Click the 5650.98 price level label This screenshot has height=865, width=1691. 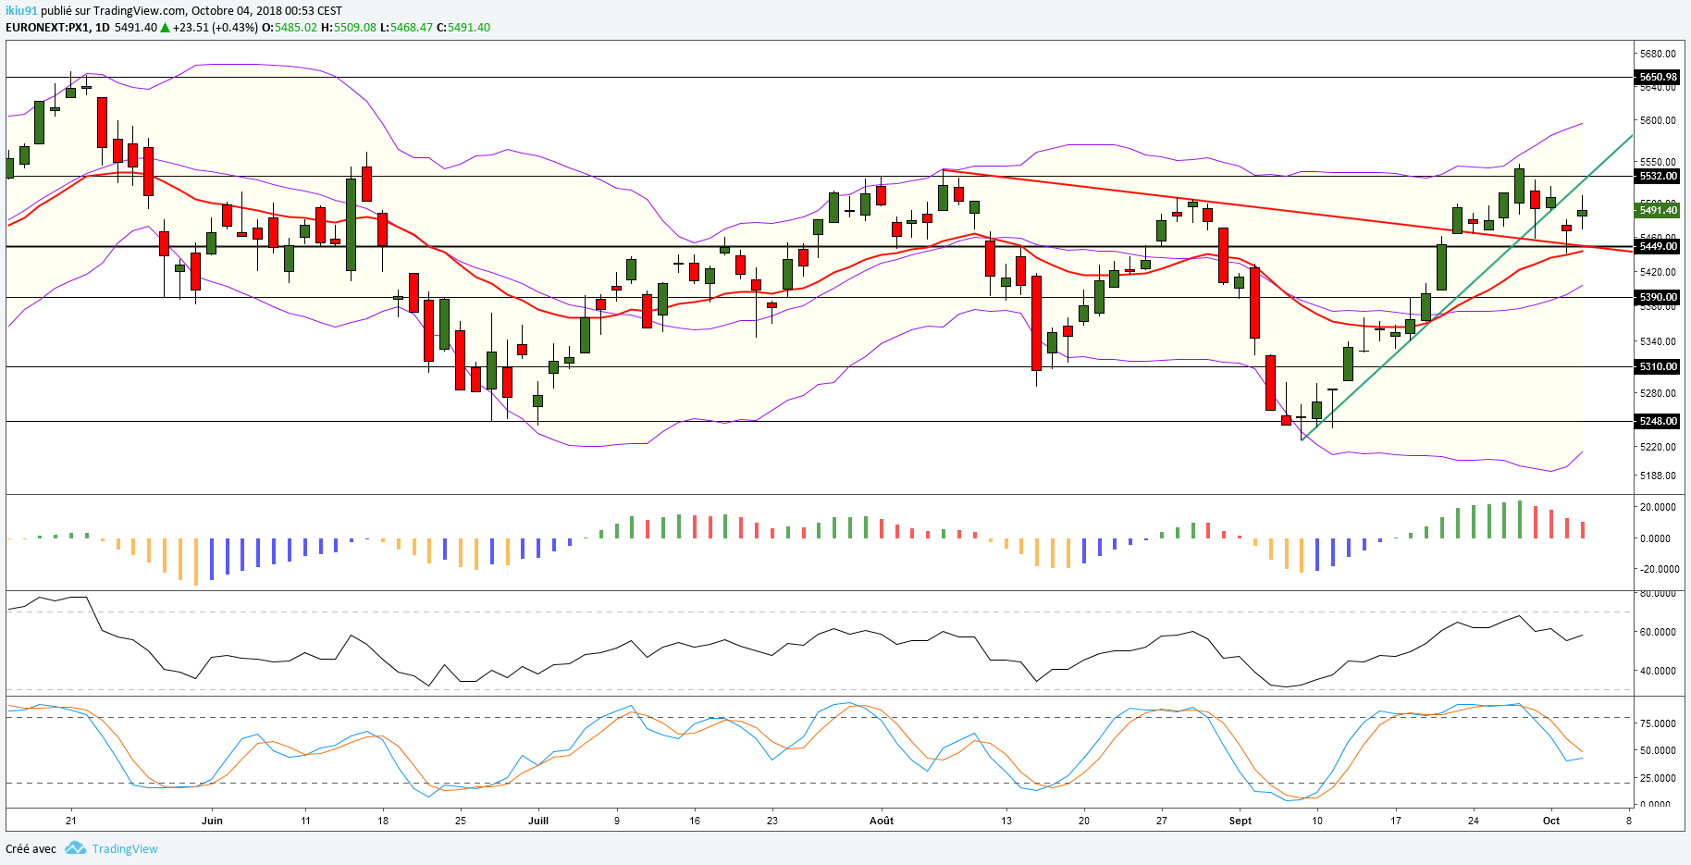pyautogui.click(x=1657, y=77)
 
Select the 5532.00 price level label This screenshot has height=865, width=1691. pyautogui.click(x=1657, y=176)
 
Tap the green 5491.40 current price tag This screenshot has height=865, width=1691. pyautogui.click(x=1657, y=210)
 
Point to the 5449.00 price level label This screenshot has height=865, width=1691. pyautogui.click(x=1657, y=246)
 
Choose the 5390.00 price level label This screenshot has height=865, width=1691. pyautogui.click(x=1657, y=297)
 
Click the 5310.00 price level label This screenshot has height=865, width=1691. pyautogui.click(x=1657, y=366)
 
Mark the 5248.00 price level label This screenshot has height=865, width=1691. pyautogui.click(x=1657, y=421)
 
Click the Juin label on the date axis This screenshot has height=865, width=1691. pyautogui.click(x=212, y=821)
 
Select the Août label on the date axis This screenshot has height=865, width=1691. pyautogui.click(x=882, y=821)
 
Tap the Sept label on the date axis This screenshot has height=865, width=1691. pyautogui.click(x=1240, y=821)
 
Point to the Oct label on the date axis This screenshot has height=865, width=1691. pyautogui.click(x=1551, y=821)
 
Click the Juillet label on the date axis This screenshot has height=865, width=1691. pyautogui.click(x=537, y=821)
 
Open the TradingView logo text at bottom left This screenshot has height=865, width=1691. pyautogui.click(x=124, y=848)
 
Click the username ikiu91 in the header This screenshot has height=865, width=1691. pyautogui.click(x=21, y=11)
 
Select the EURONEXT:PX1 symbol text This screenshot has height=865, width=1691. pyautogui.click(x=47, y=28)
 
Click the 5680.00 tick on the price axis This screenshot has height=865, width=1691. pyautogui.click(x=1657, y=54)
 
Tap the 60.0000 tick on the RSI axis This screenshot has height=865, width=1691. pyautogui.click(x=1657, y=632)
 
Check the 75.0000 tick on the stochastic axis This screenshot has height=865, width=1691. pyautogui.click(x=1657, y=723)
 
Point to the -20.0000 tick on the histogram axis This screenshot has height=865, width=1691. pyautogui.click(x=1657, y=569)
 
